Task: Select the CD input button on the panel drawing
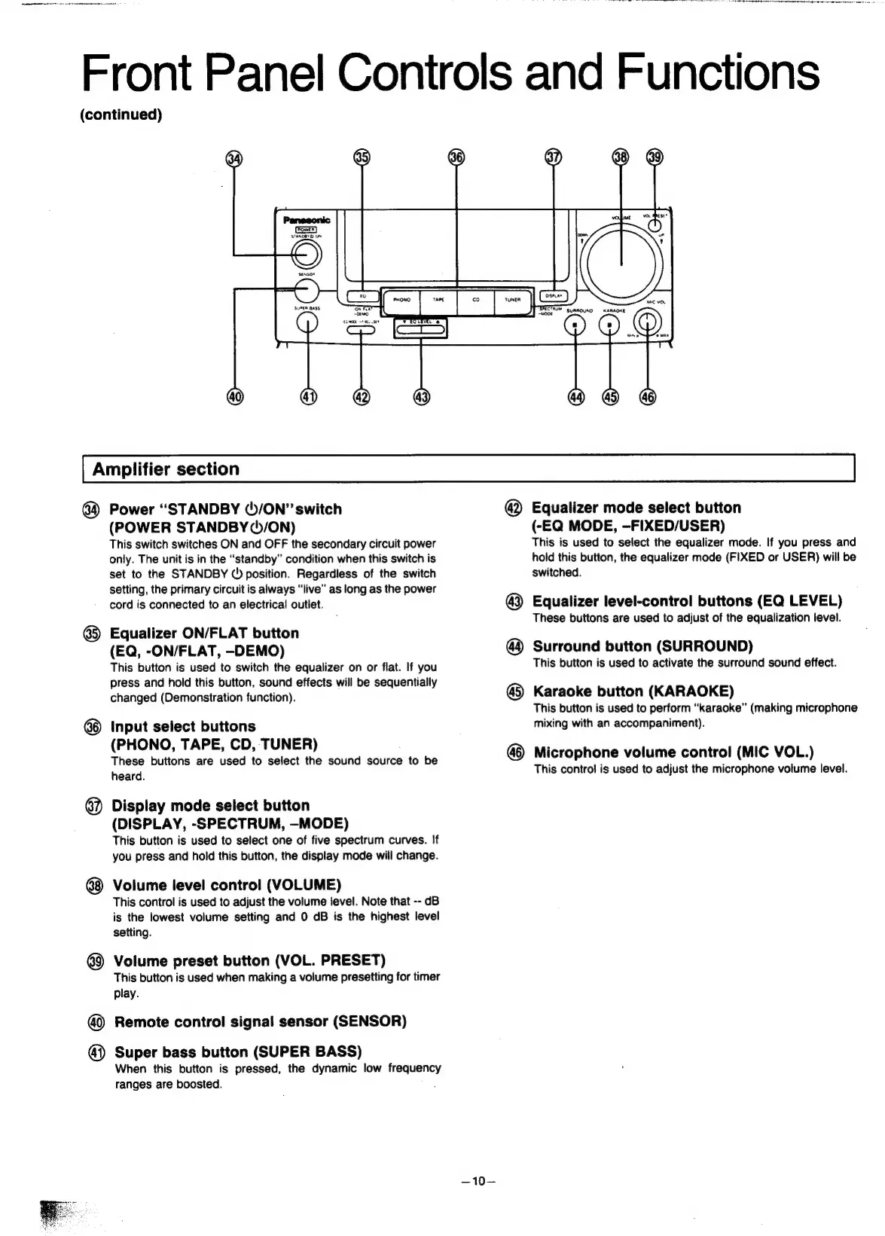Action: [476, 299]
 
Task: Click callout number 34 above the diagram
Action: [236, 158]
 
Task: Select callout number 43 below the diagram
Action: [421, 396]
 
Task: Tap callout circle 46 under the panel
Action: [648, 396]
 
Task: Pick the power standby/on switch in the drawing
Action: [307, 255]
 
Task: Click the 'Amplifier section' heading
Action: [166, 469]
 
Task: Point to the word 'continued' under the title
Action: [121, 114]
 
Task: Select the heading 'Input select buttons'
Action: [183, 727]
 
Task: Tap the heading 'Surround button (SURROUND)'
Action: [642, 646]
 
